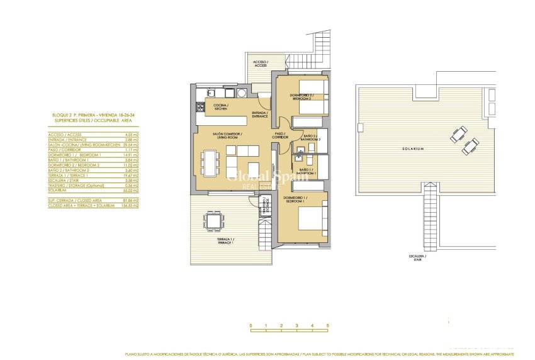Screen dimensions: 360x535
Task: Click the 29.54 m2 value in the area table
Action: coord(132,145)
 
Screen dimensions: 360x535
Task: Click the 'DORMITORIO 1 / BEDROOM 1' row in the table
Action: coord(69,154)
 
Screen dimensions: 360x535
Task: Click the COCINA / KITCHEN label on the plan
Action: coord(220,106)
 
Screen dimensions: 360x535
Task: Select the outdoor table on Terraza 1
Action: coord(213,221)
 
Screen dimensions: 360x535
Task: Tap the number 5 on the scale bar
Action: coord(327,326)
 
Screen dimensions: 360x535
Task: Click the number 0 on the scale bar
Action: coord(251,326)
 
